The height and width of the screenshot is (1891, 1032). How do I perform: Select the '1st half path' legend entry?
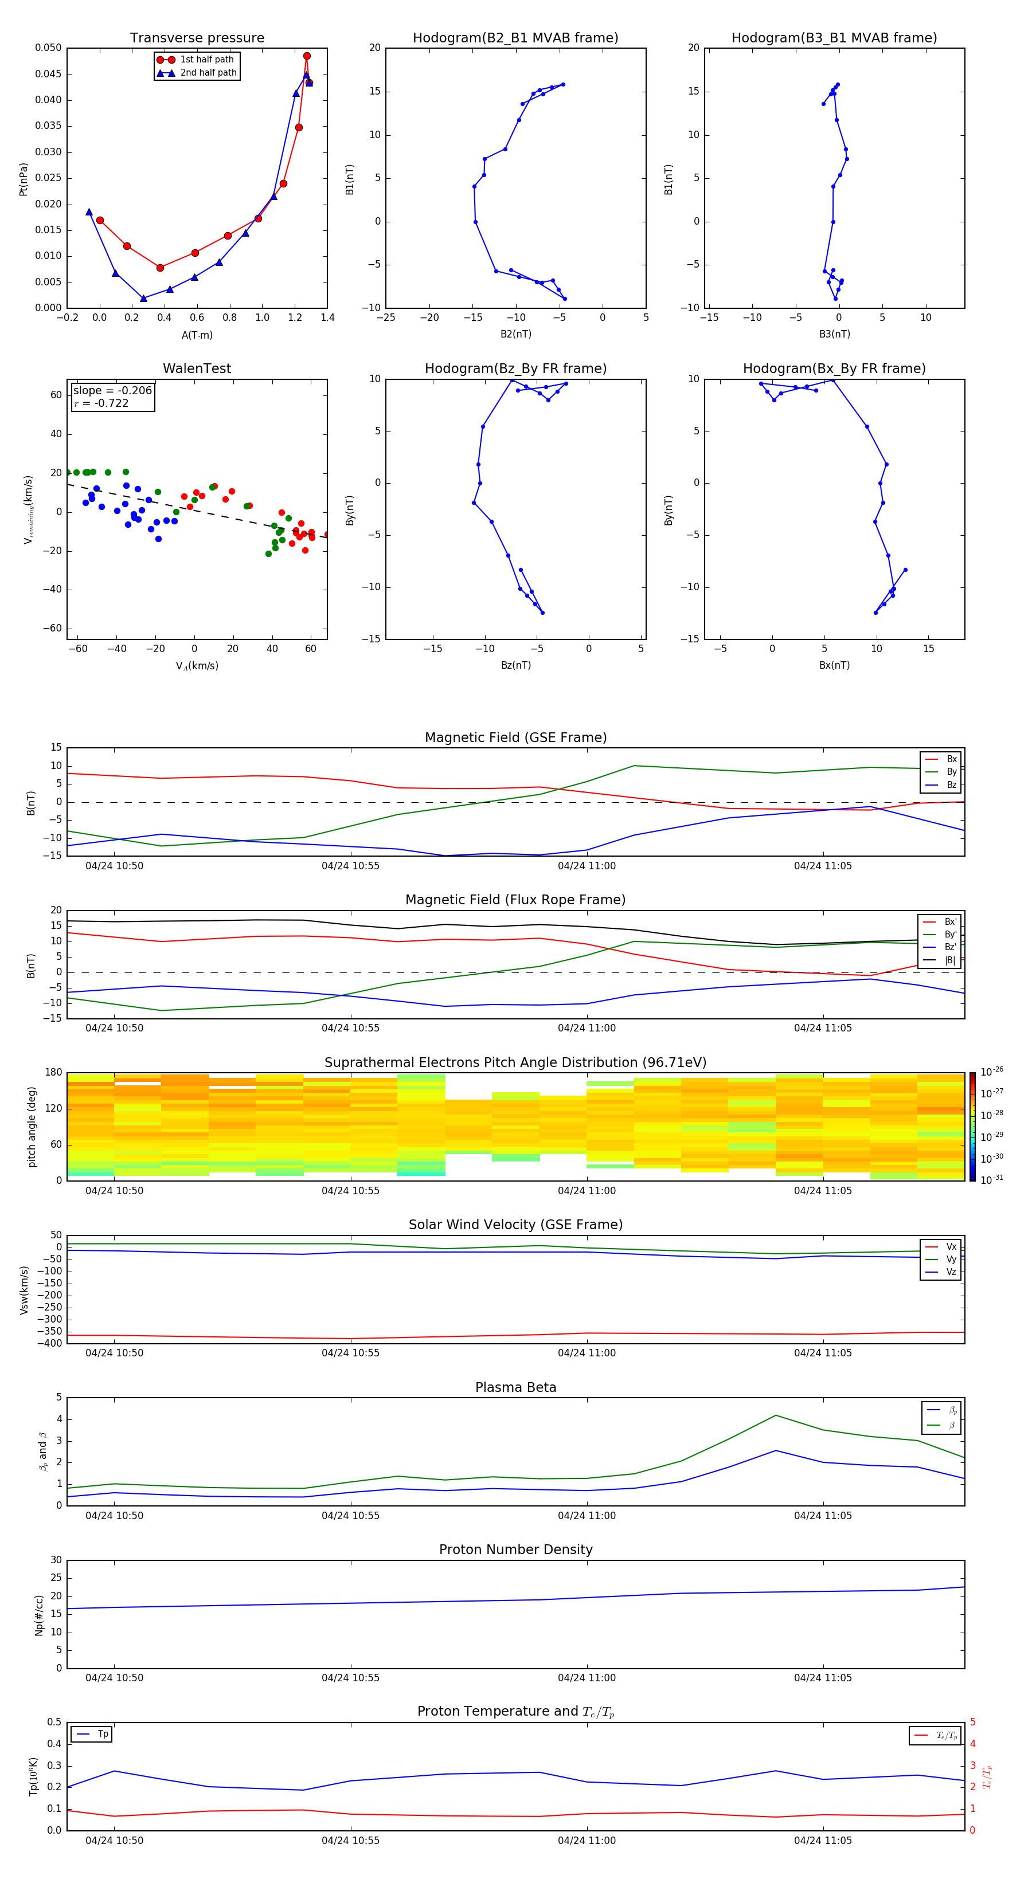coord(206,60)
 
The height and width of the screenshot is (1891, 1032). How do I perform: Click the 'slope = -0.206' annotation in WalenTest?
coord(112,391)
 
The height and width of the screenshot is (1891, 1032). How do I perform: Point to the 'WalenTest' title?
coord(197,368)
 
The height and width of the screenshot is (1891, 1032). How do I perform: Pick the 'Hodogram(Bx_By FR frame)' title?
coord(834,368)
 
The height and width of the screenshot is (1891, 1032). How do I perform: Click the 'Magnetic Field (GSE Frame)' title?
coord(515,737)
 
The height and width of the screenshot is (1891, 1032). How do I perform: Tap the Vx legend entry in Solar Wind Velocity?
coord(951,1246)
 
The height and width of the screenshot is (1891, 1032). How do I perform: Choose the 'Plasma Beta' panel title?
coord(515,1387)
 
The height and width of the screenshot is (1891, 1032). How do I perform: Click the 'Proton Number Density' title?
coord(515,1549)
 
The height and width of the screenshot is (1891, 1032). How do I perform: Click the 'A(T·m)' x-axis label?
coord(197,335)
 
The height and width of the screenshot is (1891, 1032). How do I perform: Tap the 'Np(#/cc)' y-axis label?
coord(39,1614)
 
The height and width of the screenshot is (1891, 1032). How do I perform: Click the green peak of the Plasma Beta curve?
coord(776,1415)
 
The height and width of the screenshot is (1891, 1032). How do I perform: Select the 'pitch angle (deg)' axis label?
coord(32,1127)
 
